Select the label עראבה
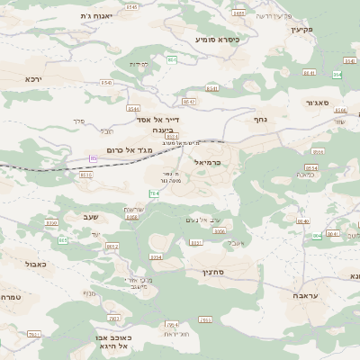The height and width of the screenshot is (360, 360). point(305,295)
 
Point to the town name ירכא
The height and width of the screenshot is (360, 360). point(34,79)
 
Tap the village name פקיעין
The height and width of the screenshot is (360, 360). point(301,30)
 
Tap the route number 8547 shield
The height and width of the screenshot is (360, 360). point(190,103)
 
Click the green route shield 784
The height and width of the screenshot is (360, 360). point(154,193)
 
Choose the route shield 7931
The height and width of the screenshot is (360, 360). point(33,334)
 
